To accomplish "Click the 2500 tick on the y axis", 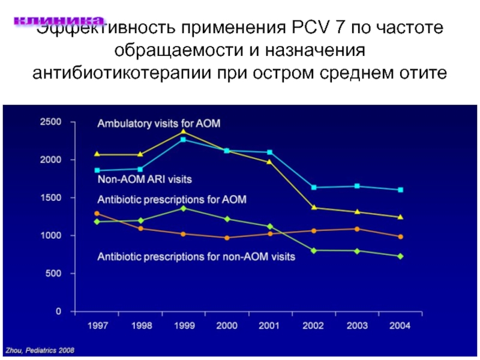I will click(50, 122).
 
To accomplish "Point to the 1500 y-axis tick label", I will click(50, 198).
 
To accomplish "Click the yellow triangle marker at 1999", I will click(183, 131).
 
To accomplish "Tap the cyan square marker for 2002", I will click(313, 187).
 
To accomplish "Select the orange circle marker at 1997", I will click(97, 214).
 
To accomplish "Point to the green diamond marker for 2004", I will click(400, 256).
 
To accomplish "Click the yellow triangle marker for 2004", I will click(400, 217).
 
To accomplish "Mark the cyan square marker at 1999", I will click(183, 140).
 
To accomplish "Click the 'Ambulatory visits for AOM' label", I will click(159, 124).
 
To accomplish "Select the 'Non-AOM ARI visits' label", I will click(145, 179).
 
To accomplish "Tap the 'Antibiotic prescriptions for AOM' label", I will click(172, 199).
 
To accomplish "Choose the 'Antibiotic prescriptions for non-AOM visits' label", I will click(196, 257).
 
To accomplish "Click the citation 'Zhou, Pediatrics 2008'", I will click(40, 350).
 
